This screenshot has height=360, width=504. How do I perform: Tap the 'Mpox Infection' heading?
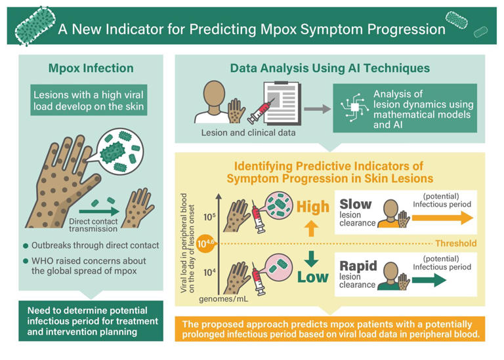click(91, 68)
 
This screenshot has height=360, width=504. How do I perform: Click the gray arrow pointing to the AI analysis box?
click(318, 109)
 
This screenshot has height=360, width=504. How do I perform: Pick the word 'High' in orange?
click(312, 207)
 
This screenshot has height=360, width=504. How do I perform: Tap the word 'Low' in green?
click(312, 277)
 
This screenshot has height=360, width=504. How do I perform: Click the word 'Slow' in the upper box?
click(355, 204)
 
